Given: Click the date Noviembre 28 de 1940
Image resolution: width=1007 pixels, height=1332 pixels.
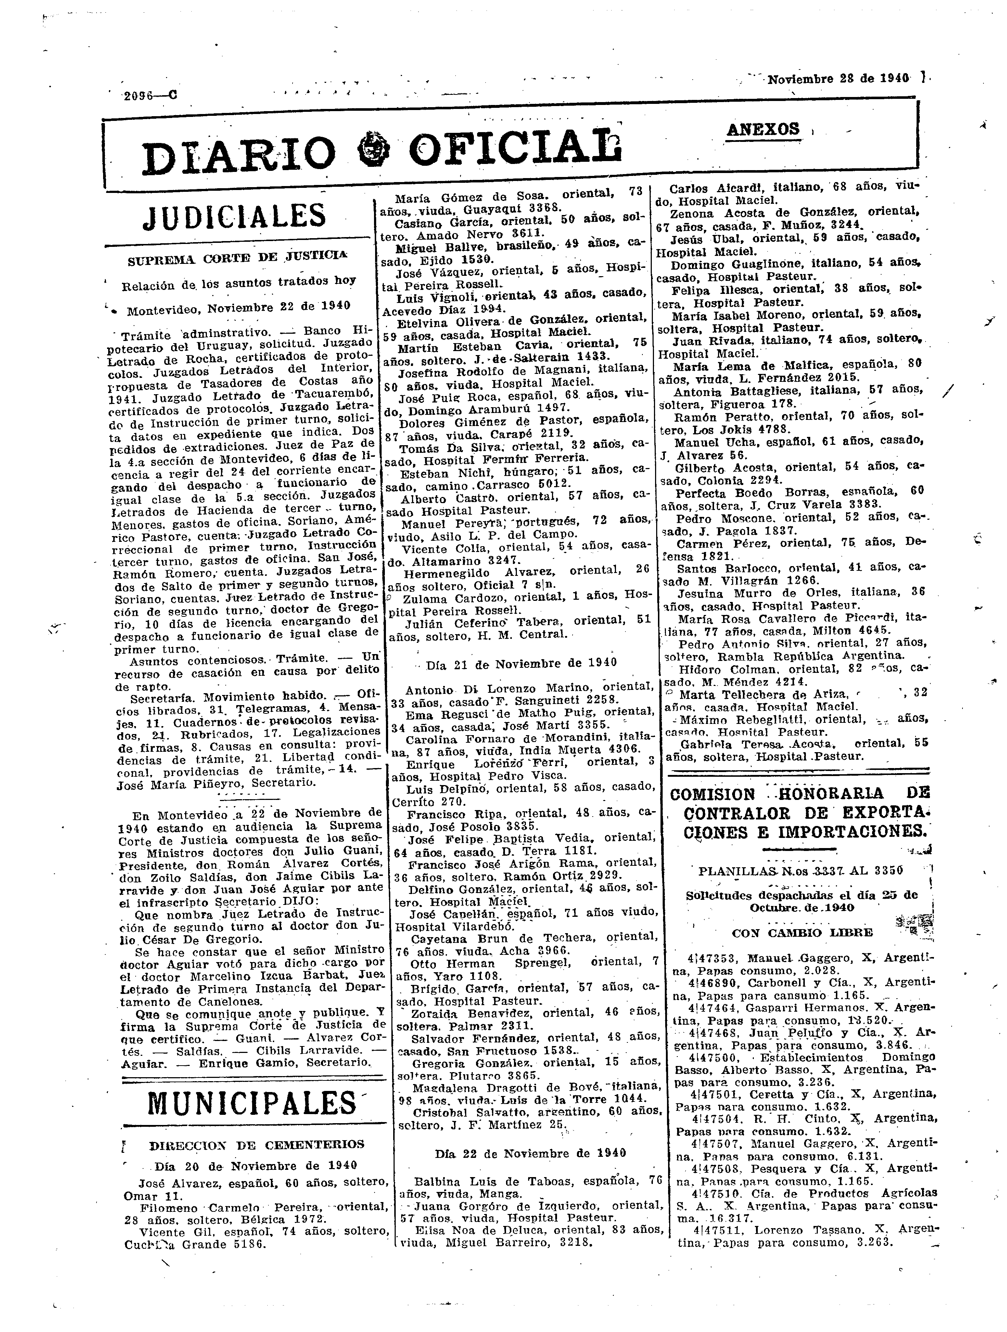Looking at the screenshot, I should click(838, 79).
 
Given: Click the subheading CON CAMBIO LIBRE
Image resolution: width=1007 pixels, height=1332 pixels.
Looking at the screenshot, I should click(802, 933).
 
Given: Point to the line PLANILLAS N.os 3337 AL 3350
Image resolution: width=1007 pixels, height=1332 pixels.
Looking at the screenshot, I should click(800, 871).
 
